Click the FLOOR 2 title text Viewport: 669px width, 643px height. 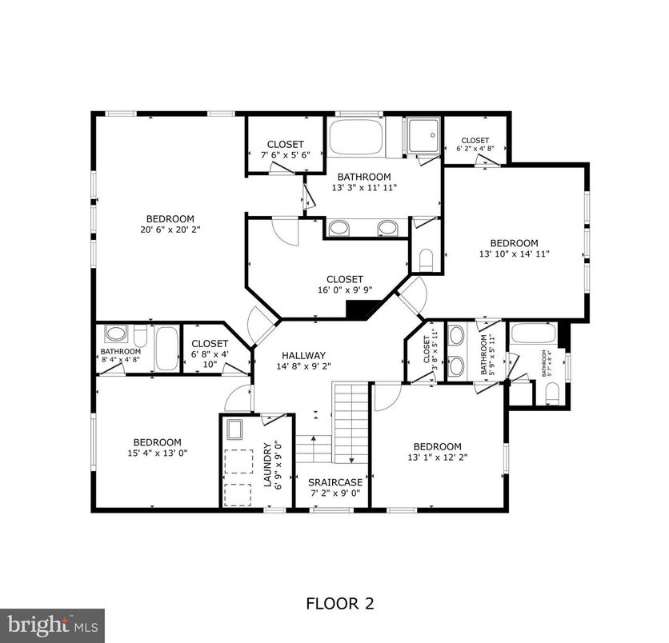(340, 603)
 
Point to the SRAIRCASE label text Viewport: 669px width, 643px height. (335, 482)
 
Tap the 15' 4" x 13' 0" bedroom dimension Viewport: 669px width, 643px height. (157, 453)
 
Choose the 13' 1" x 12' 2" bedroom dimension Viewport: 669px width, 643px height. (437, 458)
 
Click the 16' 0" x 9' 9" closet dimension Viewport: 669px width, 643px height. (344, 291)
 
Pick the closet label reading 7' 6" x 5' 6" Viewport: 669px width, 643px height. (285, 156)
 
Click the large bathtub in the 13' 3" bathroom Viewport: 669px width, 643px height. (357, 138)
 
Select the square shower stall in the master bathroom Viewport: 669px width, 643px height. (422, 135)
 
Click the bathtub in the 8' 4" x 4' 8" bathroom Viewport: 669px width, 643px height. (167, 349)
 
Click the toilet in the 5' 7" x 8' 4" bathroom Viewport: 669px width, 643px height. (551, 393)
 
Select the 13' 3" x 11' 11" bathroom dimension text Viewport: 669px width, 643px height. (364, 188)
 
